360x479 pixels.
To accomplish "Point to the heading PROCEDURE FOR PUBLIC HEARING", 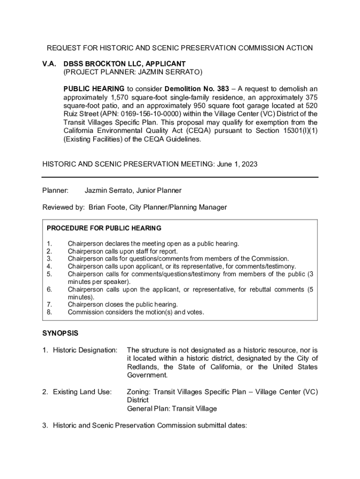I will click(x=104, y=228).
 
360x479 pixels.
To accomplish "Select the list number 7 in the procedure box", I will click(x=49, y=305).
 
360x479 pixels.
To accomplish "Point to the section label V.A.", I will click(x=49, y=64).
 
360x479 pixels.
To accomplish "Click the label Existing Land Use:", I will click(x=82, y=392).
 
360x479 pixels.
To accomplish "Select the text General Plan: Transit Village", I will click(x=172, y=409).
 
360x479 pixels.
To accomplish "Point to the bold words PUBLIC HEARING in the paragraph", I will click(x=94, y=89).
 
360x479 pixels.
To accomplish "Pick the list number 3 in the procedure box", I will click(x=49, y=259).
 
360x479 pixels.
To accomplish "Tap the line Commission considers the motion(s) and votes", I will click(x=136, y=312).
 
